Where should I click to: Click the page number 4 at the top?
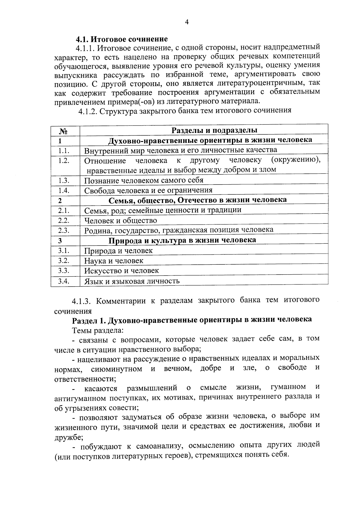187,22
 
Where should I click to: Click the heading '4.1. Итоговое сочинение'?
121,39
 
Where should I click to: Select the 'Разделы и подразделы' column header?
214,130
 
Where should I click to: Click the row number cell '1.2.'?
64,160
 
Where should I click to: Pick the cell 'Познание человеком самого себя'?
144,180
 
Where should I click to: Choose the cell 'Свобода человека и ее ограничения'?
148,190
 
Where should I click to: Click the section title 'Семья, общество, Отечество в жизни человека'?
197,200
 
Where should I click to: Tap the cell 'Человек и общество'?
121,221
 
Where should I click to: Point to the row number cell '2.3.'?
64,230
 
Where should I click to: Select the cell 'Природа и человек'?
118,251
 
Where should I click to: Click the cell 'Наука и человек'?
114,261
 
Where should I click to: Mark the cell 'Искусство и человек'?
121,271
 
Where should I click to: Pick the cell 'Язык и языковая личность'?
132,281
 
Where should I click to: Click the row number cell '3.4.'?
64,281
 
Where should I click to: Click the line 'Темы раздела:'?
98,330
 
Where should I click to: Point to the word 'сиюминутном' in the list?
117,369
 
